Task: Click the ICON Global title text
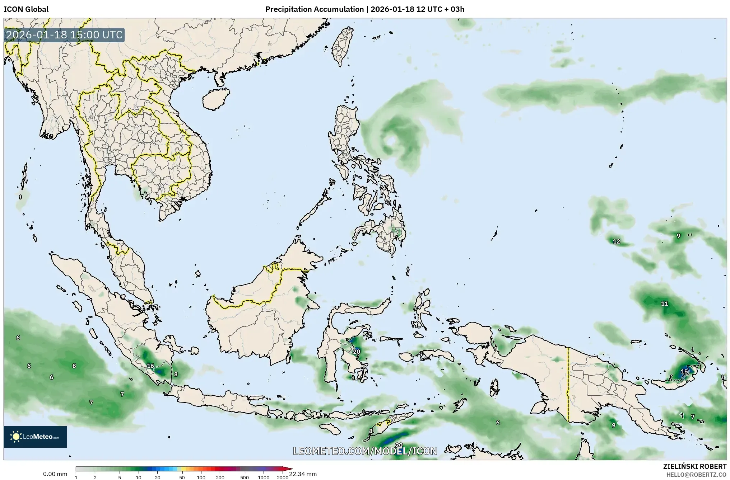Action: [26, 9]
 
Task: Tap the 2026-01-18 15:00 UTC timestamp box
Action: [65, 35]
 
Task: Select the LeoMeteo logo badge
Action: [35, 437]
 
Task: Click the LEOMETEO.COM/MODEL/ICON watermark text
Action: [365, 451]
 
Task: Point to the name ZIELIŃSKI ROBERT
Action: [695, 466]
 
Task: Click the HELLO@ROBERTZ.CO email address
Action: [697, 474]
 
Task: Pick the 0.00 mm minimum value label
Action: [55, 474]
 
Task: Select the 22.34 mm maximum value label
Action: [303, 474]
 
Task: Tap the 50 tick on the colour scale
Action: [182, 477]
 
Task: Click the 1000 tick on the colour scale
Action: [264, 477]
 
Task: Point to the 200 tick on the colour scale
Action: [220, 477]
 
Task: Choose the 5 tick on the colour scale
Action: [120, 477]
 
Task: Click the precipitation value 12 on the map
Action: [617, 241]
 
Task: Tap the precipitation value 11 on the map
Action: [665, 303]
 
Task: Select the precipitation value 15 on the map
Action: [684, 371]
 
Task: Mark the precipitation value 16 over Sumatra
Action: [150, 366]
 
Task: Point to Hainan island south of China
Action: [215, 99]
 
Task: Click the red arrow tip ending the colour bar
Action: [290, 469]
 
